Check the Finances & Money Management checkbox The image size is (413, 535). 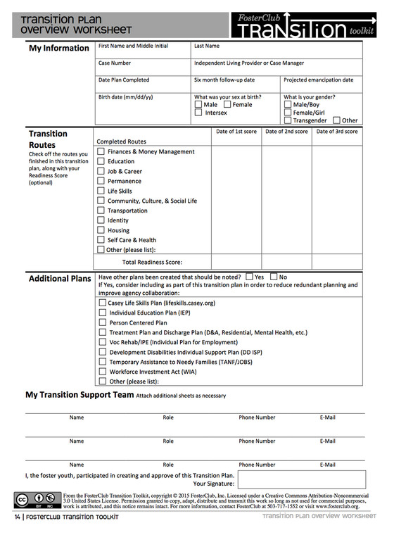click(101, 151)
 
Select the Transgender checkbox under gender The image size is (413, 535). click(288, 120)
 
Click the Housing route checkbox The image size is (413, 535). click(101, 230)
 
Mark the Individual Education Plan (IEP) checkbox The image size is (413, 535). click(103, 313)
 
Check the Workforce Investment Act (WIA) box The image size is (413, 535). click(103, 372)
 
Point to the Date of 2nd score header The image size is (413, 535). click(286, 132)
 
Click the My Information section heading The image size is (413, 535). click(58, 49)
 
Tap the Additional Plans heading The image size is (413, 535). click(60, 279)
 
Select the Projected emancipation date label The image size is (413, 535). click(318, 80)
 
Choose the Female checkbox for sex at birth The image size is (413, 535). click(227, 105)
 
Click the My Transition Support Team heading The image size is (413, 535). click(80, 395)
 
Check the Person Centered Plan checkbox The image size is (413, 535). click(103, 322)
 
